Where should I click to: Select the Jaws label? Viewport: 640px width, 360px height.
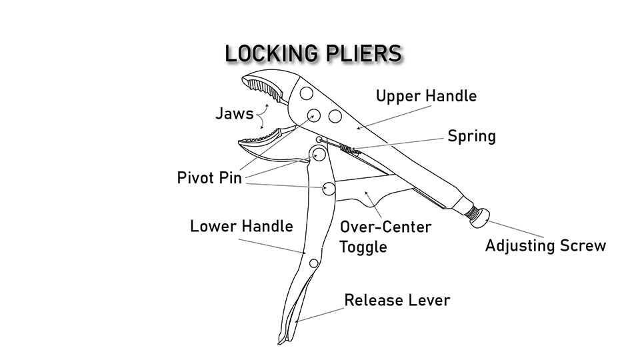(x=234, y=113)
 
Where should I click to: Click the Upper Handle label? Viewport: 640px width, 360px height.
(x=426, y=96)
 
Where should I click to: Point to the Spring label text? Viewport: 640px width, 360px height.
(x=471, y=137)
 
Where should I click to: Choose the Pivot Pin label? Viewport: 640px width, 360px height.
(x=209, y=178)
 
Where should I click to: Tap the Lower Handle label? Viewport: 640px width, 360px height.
(x=241, y=226)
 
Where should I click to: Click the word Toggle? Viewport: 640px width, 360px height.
(x=363, y=247)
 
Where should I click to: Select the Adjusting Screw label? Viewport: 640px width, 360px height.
(x=545, y=245)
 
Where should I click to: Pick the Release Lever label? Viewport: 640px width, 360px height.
(x=397, y=300)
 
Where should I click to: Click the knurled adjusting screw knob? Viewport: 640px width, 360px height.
(x=477, y=217)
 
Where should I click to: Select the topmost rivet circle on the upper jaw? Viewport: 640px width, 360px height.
(x=306, y=92)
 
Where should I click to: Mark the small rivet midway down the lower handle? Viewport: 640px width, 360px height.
(x=314, y=263)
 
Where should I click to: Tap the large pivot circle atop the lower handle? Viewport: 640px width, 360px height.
(x=317, y=155)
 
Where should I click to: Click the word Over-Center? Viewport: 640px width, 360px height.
(x=385, y=227)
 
